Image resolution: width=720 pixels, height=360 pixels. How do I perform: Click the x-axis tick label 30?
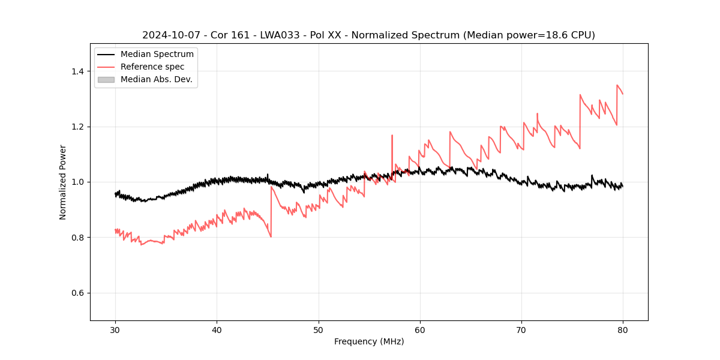click(x=115, y=330)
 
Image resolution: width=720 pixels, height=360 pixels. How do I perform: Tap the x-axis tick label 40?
click(x=217, y=330)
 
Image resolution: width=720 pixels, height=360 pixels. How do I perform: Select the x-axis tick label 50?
click(x=318, y=330)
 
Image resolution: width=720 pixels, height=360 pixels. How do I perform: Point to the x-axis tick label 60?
click(x=419, y=330)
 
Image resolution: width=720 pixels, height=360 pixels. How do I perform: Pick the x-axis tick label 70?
click(x=521, y=330)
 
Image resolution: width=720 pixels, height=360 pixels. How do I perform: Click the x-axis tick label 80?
click(x=622, y=330)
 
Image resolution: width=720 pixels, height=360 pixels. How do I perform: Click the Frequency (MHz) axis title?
click(x=369, y=341)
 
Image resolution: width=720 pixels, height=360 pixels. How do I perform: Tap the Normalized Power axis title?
click(x=63, y=182)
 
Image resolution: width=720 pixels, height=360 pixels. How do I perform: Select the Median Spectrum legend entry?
click(x=157, y=55)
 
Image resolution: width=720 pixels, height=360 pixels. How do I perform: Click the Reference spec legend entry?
click(x=152, y=67)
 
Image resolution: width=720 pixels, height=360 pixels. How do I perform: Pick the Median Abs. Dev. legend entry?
click(x=157, y=79)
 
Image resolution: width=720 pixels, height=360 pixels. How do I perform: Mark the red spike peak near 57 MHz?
click(x=392, y=135)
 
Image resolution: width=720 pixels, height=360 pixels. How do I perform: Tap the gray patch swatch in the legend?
click(x=106, y=79)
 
